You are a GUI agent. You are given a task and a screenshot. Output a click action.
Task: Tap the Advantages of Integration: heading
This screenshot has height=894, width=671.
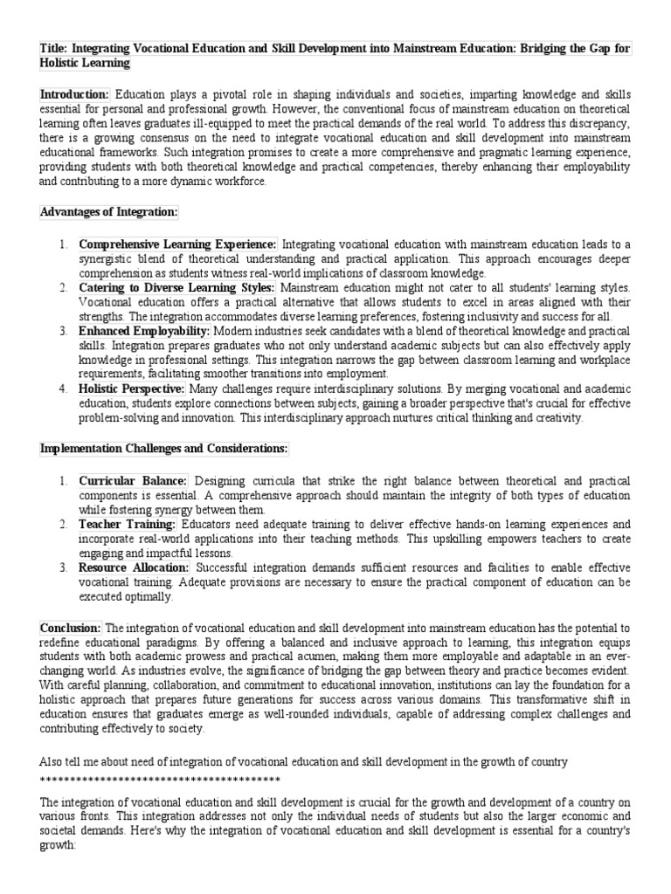click(x=109, y=212)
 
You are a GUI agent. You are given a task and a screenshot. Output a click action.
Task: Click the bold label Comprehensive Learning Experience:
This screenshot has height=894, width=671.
click(x=178, y=244)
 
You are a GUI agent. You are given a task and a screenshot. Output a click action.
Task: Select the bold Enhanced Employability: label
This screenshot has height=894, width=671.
click(x=144, y=331)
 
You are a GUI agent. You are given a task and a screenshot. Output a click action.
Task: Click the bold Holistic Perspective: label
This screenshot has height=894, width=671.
click(x=131, y=388)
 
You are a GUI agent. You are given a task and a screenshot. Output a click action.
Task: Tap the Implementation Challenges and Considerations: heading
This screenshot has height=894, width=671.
click(x=164, y=449)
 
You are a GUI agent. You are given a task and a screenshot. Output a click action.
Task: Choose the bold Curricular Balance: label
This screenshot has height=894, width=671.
click(x=133, y=480)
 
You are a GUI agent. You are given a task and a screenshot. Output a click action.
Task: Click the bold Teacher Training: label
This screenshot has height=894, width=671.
click(x=128, y=524)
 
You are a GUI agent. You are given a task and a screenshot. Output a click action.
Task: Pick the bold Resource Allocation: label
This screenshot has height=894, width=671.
click(x=134, y=567)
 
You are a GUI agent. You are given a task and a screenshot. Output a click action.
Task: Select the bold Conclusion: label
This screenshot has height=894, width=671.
click(x=71, y=628)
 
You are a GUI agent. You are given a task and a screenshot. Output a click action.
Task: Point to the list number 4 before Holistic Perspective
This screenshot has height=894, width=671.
click(x=63, y=388)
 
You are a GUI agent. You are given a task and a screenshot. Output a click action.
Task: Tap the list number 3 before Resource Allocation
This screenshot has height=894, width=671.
click(x=63, y=567)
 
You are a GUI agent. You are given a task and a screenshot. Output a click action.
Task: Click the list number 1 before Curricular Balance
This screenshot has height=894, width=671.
click(x=63, y=480)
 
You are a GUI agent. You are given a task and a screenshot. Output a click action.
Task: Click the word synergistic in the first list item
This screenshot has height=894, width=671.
click(x=108, y=259)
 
